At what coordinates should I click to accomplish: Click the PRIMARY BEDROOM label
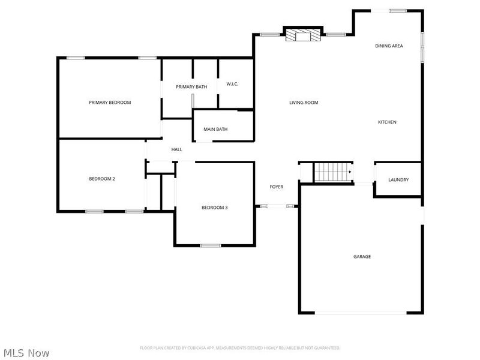pyautogui.click(x=110, y=103)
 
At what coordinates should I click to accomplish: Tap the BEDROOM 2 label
pyautogui.click(x=102, y=179)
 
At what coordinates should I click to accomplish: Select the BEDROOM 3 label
pyautogui.click(x=214, y=208)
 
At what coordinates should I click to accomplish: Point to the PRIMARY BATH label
pyautogui.click(x=191, y=87)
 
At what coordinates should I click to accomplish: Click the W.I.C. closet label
pyautogui.click(x=232, y=84)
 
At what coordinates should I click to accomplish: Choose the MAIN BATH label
pyautogui.click(x=215, y=129)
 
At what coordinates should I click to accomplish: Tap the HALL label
pyautogui.click(x=176, y=149)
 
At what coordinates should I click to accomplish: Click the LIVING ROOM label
pyautogui.click(x=304, y=103)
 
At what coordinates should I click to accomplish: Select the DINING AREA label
pyautogui.click(x=389, y=46)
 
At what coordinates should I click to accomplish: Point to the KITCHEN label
pyautogui.click(x=387, y=122)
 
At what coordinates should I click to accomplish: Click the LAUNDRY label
pyautogui.click(x=398, y=179)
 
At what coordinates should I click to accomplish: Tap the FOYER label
pyautogui.click(x=276, y=187)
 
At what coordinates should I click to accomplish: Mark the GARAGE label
pyautogui.click(x=362, y=257)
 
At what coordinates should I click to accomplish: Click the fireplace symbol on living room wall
pyautogui.click(x=302, y=36)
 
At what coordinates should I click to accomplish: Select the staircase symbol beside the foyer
pyautogui.click(x=333, y=172)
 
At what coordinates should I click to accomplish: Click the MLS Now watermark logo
pyautogui.click(x=26, y=353)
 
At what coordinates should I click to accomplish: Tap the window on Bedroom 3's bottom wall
pyautogui.click(x=211, y=245)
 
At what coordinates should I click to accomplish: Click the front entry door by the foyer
pyautogui.click(x=277, y=206)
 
